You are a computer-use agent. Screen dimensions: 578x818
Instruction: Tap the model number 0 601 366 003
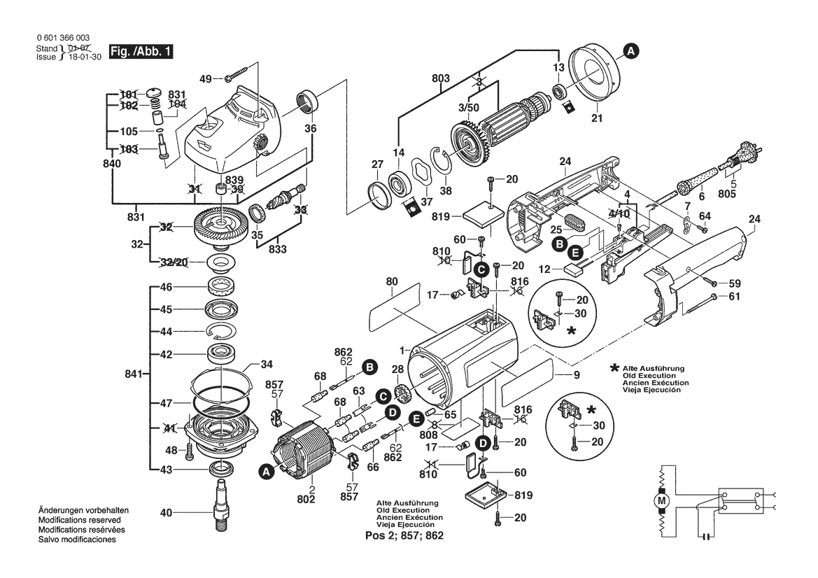(x=62, y=38)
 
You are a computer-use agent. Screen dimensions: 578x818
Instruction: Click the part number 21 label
(x=596, y=118)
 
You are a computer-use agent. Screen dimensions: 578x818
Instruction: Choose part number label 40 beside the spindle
(x=166, y=513)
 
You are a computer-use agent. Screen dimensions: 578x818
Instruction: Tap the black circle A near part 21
(x=630, y=50)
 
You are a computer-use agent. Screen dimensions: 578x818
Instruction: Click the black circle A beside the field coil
(x=265, y=474)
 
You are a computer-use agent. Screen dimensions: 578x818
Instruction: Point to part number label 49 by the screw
(x=205, y=78)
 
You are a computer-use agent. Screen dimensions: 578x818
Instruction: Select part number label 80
(x=391, y=283)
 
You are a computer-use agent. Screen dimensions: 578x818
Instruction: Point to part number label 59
(x=733, y=283)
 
